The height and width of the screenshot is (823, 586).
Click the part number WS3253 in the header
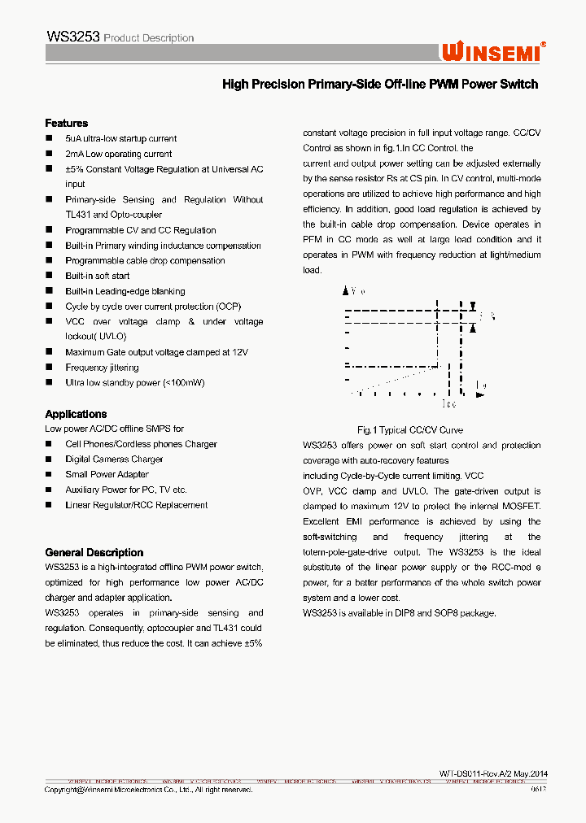coord(73,37)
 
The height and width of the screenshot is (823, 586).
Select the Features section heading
coord(66,123)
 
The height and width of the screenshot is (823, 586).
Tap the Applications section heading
coord(76,414)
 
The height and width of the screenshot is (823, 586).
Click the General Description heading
coord(94,552)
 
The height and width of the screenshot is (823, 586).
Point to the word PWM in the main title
coord(444,85)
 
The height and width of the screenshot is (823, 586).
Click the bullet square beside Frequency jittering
coord(49,368)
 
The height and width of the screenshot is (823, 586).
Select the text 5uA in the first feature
coord(74,138)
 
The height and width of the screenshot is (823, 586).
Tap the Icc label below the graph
coord(449,403)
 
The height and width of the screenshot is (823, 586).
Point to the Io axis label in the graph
coord(480,386)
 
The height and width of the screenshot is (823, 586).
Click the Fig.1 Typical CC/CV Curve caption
coord(410,430)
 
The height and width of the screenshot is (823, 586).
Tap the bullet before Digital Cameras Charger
coord(49,459)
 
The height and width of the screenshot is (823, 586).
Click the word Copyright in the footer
coord(62,790)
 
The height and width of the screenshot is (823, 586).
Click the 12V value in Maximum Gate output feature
coord(240,352)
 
